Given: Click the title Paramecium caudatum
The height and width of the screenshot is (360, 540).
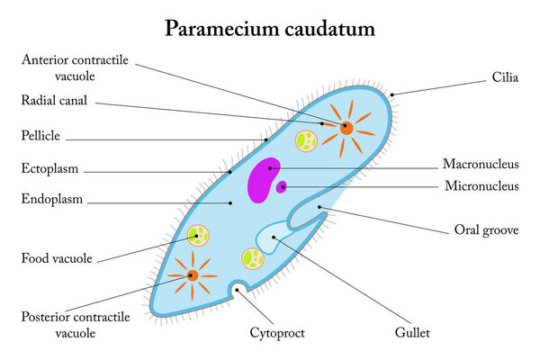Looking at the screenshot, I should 269,29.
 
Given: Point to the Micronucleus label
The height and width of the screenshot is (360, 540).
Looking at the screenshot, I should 481,186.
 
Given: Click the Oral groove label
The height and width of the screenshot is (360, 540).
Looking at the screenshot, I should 485,230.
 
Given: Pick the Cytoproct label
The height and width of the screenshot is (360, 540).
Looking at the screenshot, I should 277,333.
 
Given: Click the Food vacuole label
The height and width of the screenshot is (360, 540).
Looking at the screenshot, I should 57,259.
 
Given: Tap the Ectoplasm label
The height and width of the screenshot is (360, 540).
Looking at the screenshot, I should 50,168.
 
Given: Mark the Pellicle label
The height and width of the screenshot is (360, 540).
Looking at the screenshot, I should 41,136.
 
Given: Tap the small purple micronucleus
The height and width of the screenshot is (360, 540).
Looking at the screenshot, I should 282,187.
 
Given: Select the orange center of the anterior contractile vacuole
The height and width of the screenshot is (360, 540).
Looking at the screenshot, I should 346,128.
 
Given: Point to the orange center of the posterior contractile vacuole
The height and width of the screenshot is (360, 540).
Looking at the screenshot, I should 193,275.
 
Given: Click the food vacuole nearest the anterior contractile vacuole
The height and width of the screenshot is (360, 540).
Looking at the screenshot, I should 307,140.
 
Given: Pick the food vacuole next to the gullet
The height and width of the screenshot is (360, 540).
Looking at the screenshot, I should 253,259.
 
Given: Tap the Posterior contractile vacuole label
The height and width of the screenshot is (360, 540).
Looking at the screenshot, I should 76,325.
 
